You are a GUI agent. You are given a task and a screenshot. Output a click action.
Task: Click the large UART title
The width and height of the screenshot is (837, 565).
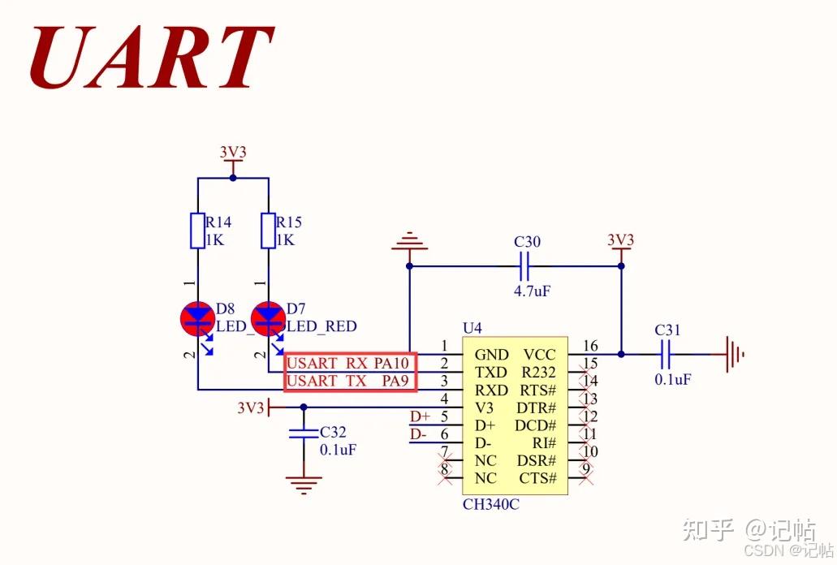coord(150,58)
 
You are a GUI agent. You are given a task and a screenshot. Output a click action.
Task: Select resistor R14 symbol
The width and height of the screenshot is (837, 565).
coord(197,231)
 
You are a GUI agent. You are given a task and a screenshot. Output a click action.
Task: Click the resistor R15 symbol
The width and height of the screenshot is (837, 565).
coord(268,231)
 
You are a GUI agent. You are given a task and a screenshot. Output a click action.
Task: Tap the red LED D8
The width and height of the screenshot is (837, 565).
coord(196,317)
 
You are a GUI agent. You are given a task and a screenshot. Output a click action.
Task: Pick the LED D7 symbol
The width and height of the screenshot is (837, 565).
coord(268,317)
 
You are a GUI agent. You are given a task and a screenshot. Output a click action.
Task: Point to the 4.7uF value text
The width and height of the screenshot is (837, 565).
coord(532,290)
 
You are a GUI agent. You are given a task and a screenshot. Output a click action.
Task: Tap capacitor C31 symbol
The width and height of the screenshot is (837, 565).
coord(668,354)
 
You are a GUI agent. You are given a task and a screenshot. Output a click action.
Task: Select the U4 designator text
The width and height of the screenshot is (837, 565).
coord(472,328)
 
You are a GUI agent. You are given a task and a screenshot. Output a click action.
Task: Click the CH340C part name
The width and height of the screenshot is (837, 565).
coord(490,505)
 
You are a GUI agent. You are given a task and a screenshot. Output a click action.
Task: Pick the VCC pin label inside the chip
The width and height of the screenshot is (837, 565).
coord(539,355)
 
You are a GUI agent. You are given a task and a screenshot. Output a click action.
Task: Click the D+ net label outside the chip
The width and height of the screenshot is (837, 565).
coord(420,417)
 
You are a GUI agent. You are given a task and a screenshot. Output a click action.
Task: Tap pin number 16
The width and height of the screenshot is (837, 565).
coord(590,347)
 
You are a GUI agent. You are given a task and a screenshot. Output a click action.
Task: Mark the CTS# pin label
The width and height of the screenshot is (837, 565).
coord(537,479)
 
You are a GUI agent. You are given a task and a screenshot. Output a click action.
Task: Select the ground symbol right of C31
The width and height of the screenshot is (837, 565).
coord(732,354)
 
